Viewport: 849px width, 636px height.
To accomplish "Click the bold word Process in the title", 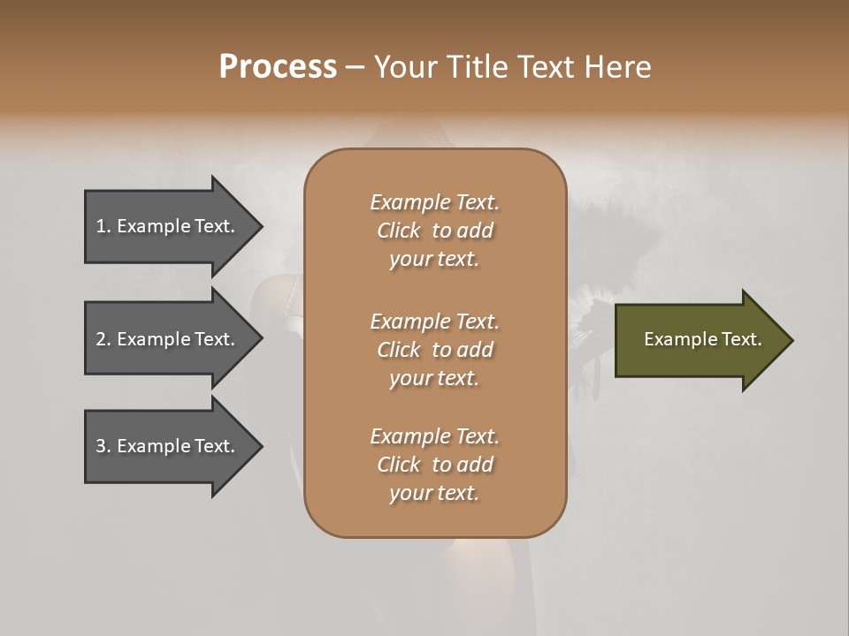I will click(x=278, y=67).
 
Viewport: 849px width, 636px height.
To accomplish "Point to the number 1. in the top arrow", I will click(x=103, y=226).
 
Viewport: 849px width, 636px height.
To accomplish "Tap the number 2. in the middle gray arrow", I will click(x=103, y=339).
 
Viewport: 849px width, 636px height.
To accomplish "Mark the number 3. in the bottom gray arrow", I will click(x=103, y=446).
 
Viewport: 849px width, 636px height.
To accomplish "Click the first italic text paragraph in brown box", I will click(x=434, y=231).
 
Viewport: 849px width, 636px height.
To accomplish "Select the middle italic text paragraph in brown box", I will click(x=434, y=350).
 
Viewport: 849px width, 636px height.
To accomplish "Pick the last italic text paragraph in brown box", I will click(x=434, y=465).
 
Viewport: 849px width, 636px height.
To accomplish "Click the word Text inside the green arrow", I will click(x=741, y=339).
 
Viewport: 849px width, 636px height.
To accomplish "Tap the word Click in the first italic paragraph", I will click(x=399, y=231).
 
